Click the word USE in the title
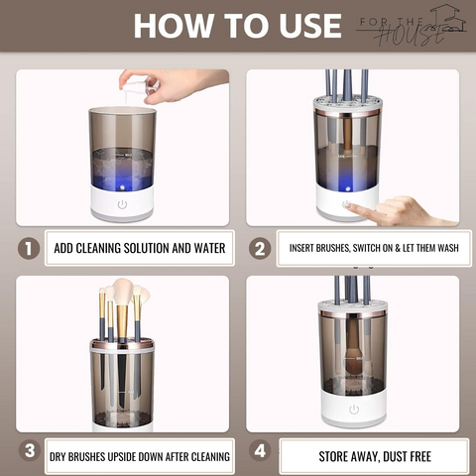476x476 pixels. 310,26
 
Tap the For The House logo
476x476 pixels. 412,26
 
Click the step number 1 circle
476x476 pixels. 29,248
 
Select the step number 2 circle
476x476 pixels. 260,248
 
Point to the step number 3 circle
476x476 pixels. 30,450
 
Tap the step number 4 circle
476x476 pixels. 260,450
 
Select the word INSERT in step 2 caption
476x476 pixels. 301,248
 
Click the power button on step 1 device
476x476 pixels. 122,204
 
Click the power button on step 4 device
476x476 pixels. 354,410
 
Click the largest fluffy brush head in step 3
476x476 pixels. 123,292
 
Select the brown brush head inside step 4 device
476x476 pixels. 354,367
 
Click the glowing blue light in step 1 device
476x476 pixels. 123,187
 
